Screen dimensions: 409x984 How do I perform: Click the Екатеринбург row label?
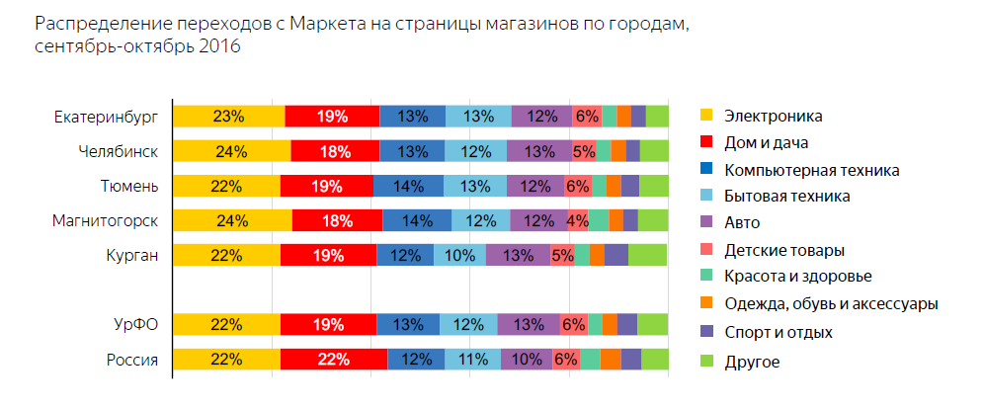[x=106, y=117]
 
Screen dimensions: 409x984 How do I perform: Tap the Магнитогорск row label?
[x=105, y=220]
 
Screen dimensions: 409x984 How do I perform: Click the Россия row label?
[x=132, y=360]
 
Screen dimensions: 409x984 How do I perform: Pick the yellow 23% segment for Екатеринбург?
[x=228, y=117]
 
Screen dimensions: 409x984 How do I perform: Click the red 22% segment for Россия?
[x=333, y=360]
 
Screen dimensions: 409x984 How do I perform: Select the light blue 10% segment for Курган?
[x=459, y=255]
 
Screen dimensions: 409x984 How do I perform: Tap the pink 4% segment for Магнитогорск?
[x=578, y=220]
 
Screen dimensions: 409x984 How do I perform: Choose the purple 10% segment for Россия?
[x=527, y=360]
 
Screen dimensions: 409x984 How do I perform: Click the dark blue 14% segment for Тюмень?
[x=407, y=186]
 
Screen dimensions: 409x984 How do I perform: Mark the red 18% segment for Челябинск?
[x=334, y=151]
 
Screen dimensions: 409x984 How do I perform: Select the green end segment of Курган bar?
[x=647, y=255]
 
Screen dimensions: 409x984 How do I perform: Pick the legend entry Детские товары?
[x=783, y=250]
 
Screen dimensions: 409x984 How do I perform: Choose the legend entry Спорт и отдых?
[x=778, y=331]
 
